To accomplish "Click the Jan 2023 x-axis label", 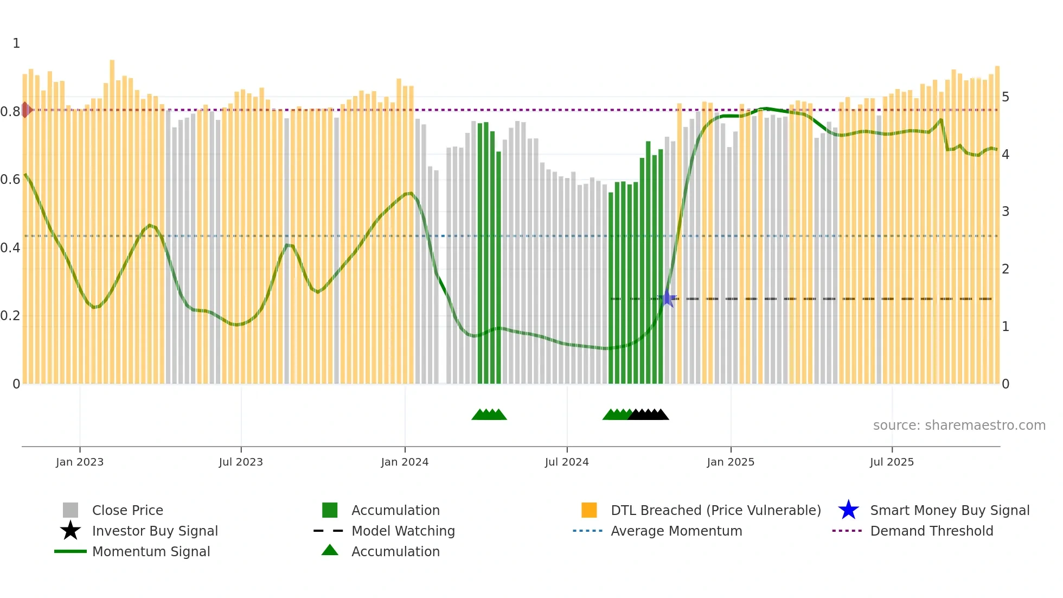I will pos(80,462).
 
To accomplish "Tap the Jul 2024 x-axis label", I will pos(567,462).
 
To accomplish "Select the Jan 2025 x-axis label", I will pos(731,462).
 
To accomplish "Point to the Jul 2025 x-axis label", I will pos(892,462).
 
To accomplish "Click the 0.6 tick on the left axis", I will pos(10,180).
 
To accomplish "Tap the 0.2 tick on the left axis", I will pos(10,316).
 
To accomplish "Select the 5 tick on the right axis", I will pos(1006,97).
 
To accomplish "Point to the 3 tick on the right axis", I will pos(1006,212).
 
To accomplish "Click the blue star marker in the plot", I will pos(668,298).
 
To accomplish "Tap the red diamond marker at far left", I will pos(25,110).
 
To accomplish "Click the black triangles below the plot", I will pos(649,415).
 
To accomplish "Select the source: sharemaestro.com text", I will pos(959,425).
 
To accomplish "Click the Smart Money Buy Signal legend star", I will pos(848,510).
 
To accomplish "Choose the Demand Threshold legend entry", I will pos(931,531).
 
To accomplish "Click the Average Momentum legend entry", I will pos(676,531).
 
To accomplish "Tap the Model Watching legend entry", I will pos(402,531).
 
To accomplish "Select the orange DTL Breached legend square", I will pos(589,510).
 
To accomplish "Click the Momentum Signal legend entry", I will pos(151,551).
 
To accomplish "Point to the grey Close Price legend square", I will pos(71,510).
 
